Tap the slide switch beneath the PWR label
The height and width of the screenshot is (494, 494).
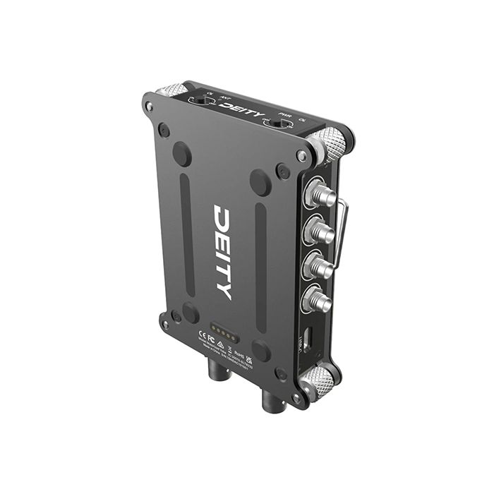(x=280, y=125)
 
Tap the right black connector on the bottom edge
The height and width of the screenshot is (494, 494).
(x=271, y=402)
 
